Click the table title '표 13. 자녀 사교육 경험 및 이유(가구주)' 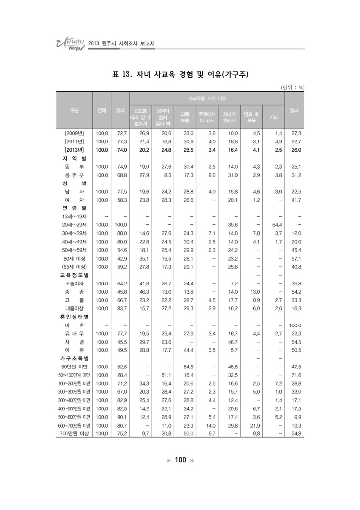pyautogui.click(x=180, y=75)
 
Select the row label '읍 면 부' pyautogui.click(x=74, y=175)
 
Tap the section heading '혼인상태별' pyautogui.click(x=74, y=317)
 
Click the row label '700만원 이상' pyautogui.click(x=74, y=433)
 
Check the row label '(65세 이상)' pyautogui.click(x=74, y=266)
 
